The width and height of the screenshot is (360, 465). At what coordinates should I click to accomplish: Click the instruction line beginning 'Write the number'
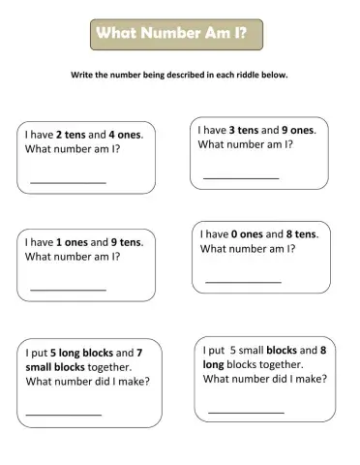pos(180,75)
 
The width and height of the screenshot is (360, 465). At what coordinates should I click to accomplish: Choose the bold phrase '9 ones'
pos(298,129)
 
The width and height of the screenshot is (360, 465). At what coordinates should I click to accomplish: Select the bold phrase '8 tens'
pos(301,233)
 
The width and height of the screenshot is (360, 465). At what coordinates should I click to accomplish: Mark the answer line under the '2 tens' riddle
pos(68,182)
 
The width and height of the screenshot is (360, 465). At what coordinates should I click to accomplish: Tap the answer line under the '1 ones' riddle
pos(68,289)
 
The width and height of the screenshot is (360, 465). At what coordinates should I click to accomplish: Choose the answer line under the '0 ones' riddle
pos(243,282)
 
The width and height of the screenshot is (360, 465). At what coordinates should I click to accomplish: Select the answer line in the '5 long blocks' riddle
pos(63,414)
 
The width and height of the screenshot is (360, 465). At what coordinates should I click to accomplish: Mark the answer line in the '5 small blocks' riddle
pos(246,412)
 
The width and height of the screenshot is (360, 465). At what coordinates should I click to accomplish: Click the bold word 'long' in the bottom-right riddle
pos(214,364)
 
